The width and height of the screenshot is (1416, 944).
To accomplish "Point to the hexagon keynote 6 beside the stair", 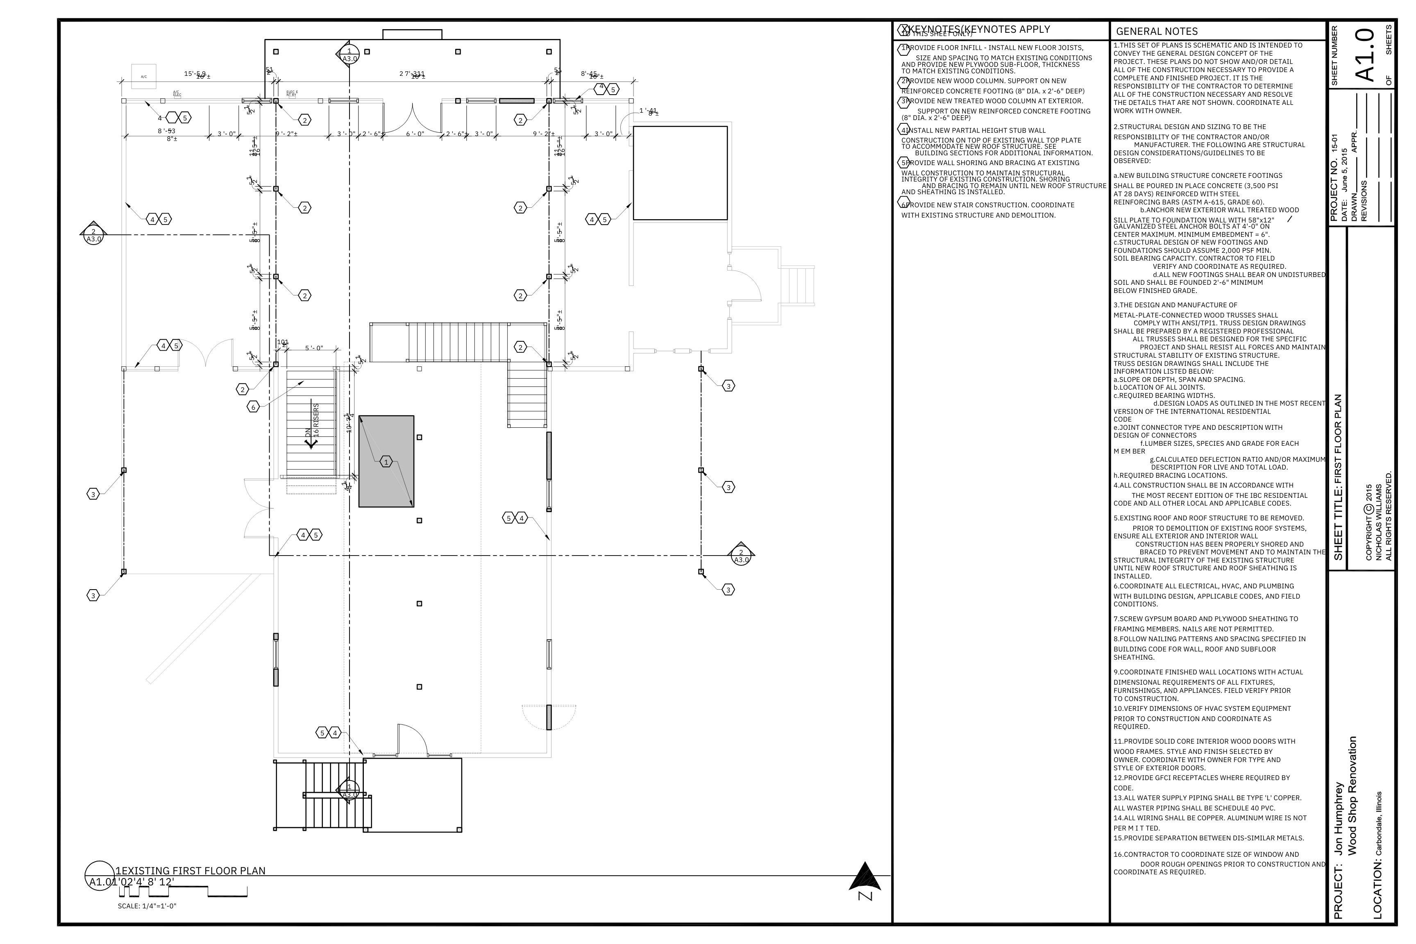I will (253, 408).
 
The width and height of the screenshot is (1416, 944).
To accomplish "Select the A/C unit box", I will (143, 77).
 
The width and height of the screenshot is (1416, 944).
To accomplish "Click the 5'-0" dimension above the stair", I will (314, 348).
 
